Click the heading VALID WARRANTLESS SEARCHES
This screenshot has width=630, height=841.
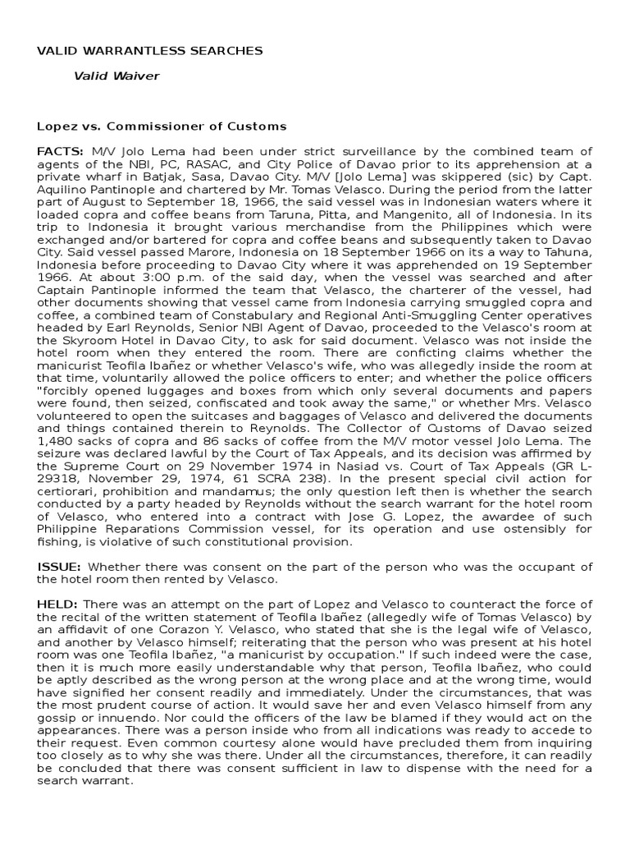coord(150,51)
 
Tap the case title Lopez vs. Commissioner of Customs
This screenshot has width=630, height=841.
coord(162,126)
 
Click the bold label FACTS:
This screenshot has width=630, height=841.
coord(60,152)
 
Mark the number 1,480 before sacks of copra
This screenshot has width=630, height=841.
coord(55,439)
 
